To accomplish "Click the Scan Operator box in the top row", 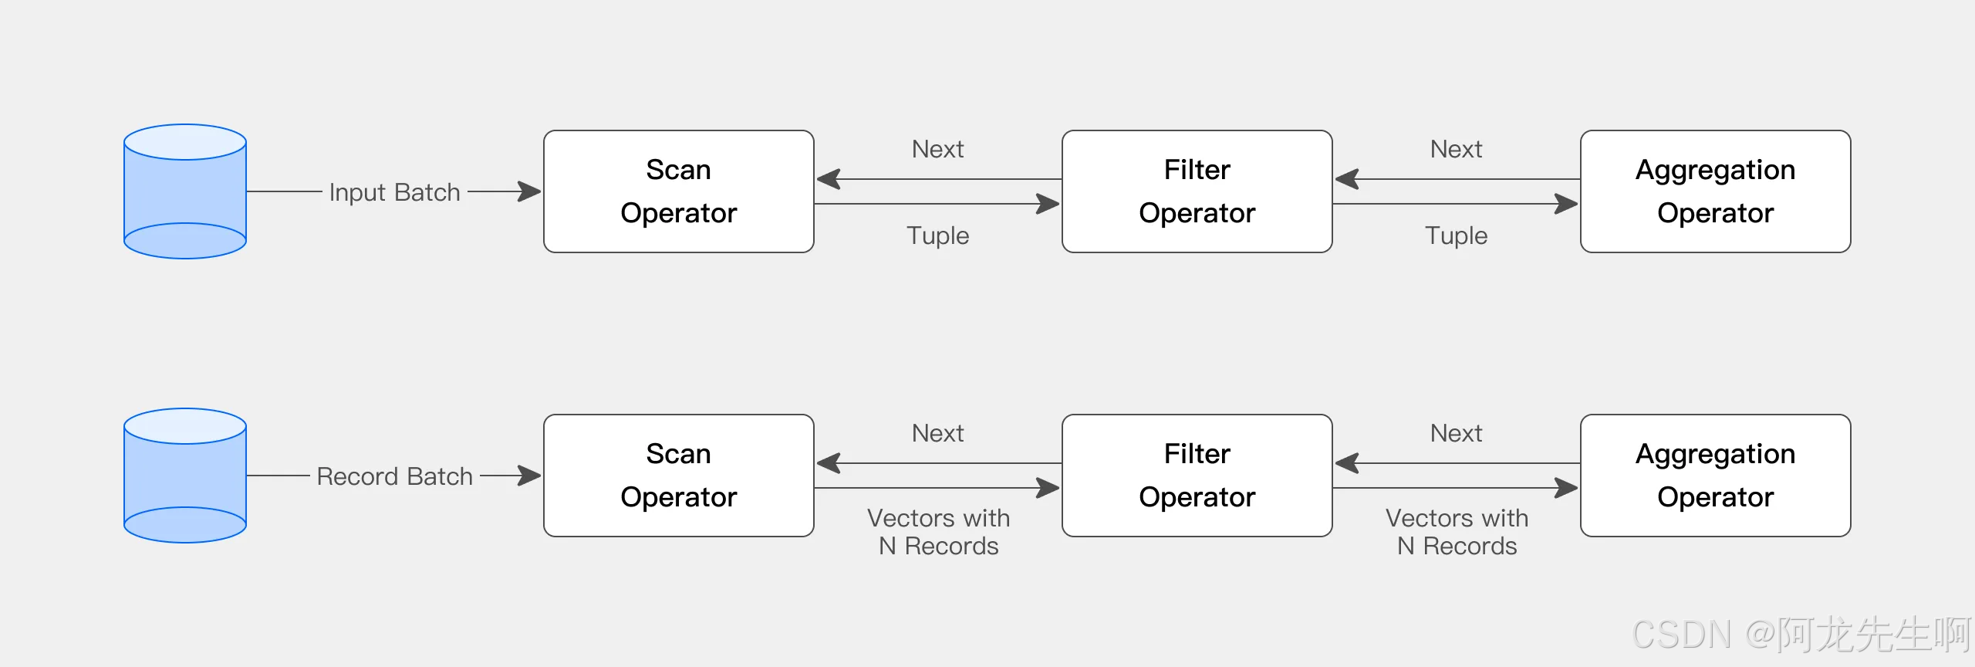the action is tap(679, 191).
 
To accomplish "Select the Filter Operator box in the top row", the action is tap(1197, 191).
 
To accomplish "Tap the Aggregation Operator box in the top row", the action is tap(1716, 191).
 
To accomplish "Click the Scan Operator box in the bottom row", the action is tap(679, 476).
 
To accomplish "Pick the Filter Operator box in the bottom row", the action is tap(1197, 476).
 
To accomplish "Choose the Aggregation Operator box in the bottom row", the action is tap(1716, 476).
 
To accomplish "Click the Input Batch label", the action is tap(395, 192).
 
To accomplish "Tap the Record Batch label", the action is tap(395, 476).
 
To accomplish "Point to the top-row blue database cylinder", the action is tap(185, 191).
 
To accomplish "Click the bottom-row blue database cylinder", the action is tap(185, 476).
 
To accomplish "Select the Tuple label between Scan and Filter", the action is tap(938, 235).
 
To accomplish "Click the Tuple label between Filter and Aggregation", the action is tap(1457, 235).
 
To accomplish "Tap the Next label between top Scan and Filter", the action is tap(938, 149).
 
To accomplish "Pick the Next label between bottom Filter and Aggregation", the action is tap(1457, 433).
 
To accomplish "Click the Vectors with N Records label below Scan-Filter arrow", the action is tap(938, 532).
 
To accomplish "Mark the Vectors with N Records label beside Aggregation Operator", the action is tap(1457, 532).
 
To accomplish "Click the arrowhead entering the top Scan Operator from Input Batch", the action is tap(530, 191).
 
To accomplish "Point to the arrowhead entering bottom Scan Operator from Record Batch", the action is tap(530, 476).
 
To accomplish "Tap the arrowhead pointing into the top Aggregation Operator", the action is tap(1567, 204).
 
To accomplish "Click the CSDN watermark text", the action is tap(1801, 635).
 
